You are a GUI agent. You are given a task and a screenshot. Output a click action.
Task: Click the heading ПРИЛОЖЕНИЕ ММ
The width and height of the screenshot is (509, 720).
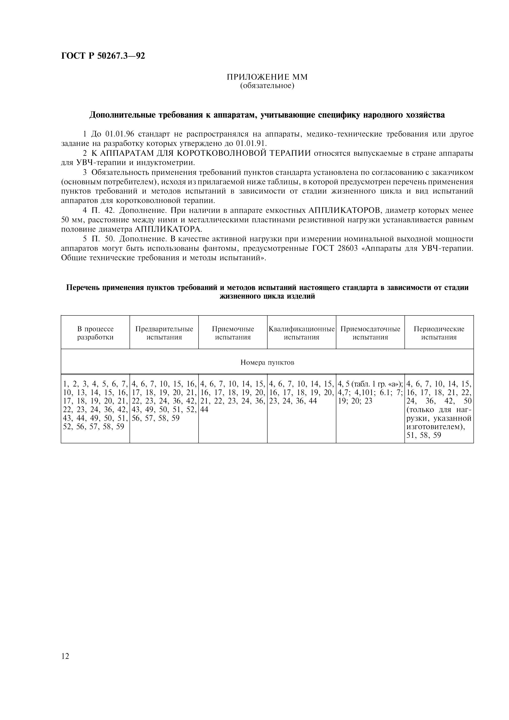[x=267, y=77]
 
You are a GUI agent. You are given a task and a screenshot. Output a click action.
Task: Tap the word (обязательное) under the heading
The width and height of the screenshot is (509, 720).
[x=267, y=86]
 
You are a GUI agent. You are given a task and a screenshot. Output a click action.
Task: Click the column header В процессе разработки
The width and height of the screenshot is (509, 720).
[x=95, y=333]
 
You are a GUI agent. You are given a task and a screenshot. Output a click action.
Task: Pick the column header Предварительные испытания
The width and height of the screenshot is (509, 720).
[x=164, y=333]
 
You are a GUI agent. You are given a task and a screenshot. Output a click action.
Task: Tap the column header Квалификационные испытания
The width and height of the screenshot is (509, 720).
[x=301, y=333]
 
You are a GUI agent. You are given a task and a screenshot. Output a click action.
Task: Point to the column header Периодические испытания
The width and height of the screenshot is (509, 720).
[x=439, y=333]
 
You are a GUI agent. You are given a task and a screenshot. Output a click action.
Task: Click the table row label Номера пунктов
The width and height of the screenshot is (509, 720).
[x=267, y=362]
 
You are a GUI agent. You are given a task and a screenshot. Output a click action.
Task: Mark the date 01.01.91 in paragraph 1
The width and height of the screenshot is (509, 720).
[x=251, y=144]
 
